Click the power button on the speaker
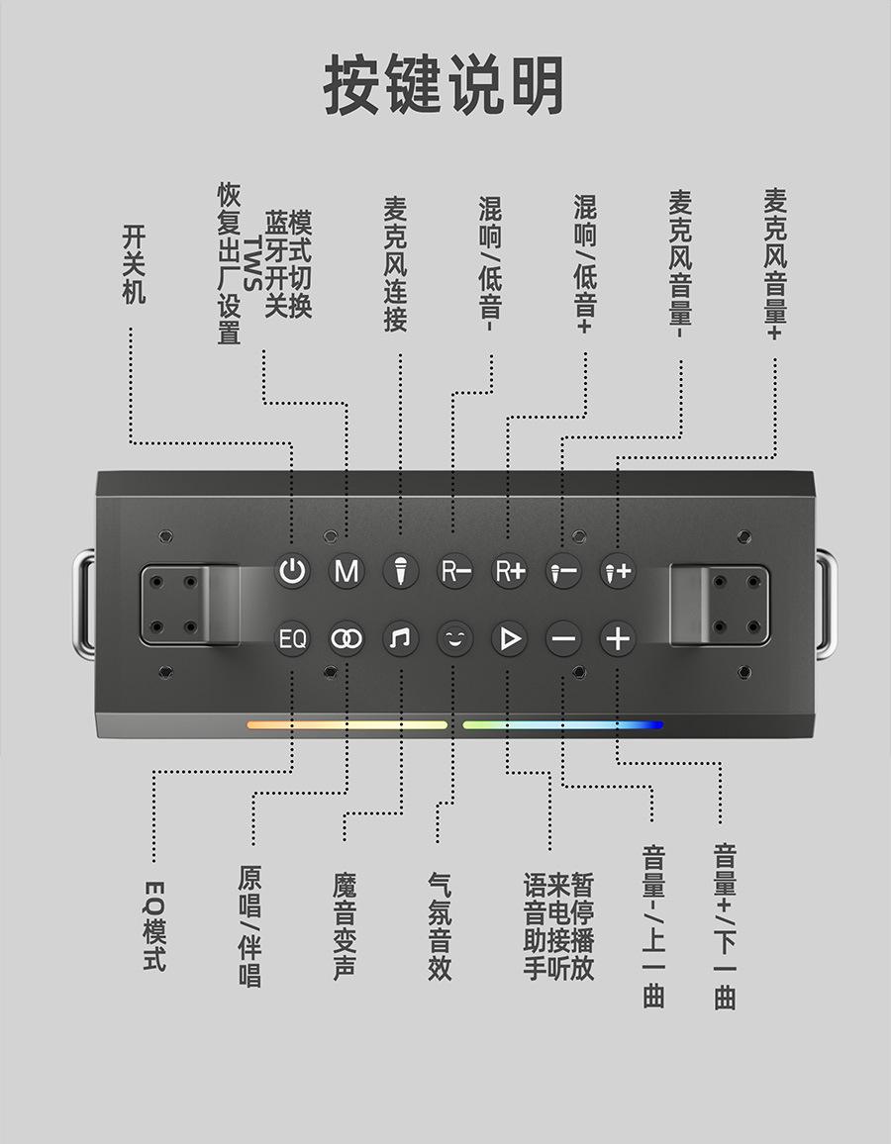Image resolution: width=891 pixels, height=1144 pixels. pyautogui.click(x=292, y=572)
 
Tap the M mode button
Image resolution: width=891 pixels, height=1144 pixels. pyautogui.click(x=346, y=572)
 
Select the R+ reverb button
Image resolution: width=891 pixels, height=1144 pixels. pyautogui.click(x=509, y=572)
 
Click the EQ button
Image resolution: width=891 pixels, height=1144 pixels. pyautogui.click(x=292, y=639)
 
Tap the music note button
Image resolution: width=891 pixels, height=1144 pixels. pyautogui.click(x=400, y=639)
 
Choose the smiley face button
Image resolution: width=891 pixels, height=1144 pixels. pyautogui.click(x=454, y=639)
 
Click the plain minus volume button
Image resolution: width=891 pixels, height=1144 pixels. pyautogui.click(x=563, y=639)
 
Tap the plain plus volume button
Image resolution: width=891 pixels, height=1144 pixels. pyautogui.click(x=617, y=639)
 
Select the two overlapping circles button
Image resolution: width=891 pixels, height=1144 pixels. pyautogui.click(x=346, y=639)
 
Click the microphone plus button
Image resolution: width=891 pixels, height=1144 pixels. pyautogui.click(x=617, y=572)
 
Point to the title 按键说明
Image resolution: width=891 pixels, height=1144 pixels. pyautogui.click(x=445, y=86)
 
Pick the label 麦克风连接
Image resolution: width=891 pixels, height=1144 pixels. pyautogui.click(x=395, y=263)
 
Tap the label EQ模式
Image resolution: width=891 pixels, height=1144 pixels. pyautogui.click(x=154, y=924)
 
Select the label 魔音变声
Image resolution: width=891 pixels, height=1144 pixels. pyautogui.click(x=345, y=926)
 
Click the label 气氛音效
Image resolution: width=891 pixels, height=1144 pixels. pyautogui.click(x=440, y=926)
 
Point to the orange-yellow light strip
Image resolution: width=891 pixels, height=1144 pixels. pyautogui.click(x=346, y=725)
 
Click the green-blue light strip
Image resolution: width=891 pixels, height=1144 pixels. pyautogui.click(x=562, y=725)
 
